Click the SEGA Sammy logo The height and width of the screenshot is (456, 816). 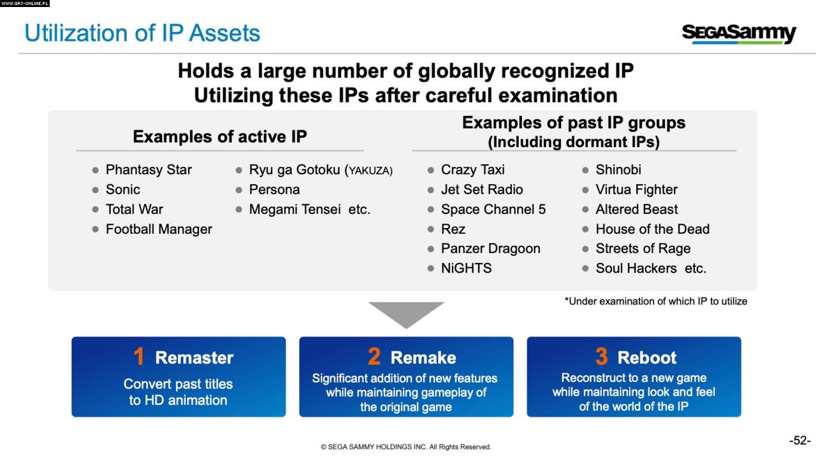pyautogui.click(x=739, y=34)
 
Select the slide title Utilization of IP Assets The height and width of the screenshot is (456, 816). pyautogui.click(x=142, y=33)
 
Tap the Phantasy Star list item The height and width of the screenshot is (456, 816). pyautogui.click(x=149, y=170)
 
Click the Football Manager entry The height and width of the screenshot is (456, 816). pyautogui.click(x=159, y=229)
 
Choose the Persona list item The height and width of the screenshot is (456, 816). pyautogui.click(x=274, y=190)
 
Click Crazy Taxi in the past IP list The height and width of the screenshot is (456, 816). pyautogui.click(x=473, y=170)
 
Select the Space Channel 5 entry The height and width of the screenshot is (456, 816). pyautogui.click(x=493, y=210)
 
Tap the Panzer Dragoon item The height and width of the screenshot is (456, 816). pyautogui.click(x=491, y=248)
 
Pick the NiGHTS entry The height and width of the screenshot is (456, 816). pyautogui.click(x=466, y=268)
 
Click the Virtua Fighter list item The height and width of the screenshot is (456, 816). pyautogui.click(x=636, y=190)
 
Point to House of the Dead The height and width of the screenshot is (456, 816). pyautogui.click(x=652, y=229)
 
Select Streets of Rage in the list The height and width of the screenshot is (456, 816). pyautogui.click(x=643, y=248)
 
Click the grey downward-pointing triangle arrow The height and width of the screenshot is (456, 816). pyautogui.click(x=406, y=312)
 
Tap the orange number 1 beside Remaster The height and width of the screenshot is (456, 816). pyautogui.click(x=139, y=356)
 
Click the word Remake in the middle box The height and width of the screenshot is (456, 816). pyautogui.click(x=423, y=358)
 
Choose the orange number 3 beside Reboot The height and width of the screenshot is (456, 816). pyautogui.click(x=601, y=356)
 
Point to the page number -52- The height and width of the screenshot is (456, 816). pyautogui.click(x=800, y=440)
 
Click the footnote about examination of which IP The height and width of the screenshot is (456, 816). pyautogui.click(x=656, y=301)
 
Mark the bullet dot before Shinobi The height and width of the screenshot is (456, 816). pyautogui.click(x=585, y=170)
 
